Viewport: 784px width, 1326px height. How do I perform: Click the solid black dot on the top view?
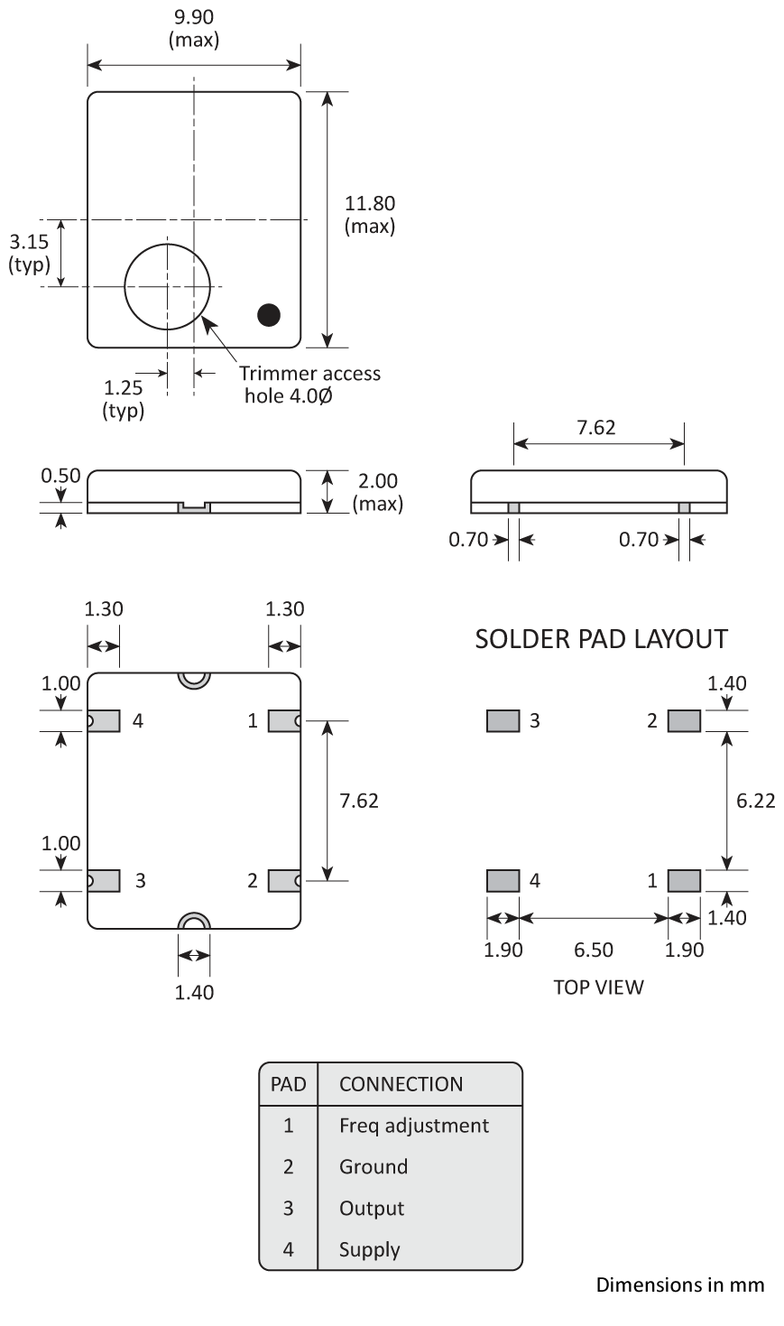point(269,314)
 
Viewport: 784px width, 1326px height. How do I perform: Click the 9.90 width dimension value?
point(193,18)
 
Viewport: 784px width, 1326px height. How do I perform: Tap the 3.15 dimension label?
point(28,242)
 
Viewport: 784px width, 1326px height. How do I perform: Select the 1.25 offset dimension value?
point(124,388)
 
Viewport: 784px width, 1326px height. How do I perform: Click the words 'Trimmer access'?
point(309,374)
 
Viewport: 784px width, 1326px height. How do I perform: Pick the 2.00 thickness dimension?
point(378,481)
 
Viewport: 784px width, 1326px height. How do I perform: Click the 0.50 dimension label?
point(61,476)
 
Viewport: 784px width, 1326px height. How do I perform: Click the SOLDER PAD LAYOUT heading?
point(601,639)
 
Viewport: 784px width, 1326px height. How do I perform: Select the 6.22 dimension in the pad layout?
point(755,801)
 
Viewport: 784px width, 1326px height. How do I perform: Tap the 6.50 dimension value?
point(593,950)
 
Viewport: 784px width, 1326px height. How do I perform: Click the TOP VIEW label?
point(598,987)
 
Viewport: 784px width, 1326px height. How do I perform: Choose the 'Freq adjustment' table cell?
point(413,1126)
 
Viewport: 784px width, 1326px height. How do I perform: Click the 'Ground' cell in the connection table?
point(374,1167)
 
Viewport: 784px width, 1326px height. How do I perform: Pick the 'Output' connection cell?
point(372,1209)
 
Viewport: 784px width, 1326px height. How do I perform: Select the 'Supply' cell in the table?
point(369,1250)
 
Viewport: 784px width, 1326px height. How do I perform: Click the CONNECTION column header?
point(401,1084)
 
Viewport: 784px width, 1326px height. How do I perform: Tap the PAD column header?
point(288,1084)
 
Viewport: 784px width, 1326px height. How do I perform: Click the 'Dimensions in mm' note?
point(679,1284)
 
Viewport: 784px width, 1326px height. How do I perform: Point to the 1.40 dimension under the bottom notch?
point(194,992)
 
